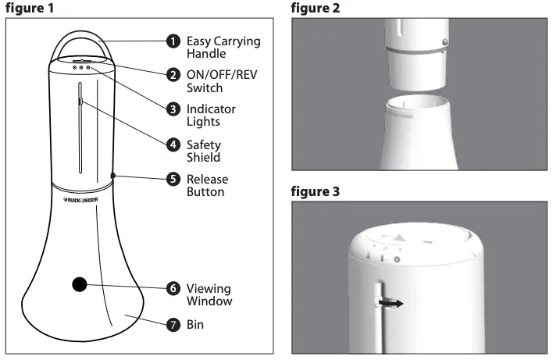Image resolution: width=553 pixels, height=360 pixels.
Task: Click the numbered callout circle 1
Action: point(173,40)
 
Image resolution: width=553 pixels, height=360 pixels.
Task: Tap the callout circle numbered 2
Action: point(173,75)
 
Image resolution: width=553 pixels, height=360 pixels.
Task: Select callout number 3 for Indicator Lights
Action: point(173,109)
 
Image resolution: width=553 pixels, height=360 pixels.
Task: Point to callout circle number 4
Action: point(173,144)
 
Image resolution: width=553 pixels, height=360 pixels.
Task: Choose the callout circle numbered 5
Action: point(173,179)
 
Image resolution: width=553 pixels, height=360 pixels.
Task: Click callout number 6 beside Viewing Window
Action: point(173,287)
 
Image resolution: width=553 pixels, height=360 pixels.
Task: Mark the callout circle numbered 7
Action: point(173,323)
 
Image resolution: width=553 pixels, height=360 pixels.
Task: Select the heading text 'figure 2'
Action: point(317,7)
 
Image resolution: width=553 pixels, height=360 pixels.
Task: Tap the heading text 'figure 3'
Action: point(317,192)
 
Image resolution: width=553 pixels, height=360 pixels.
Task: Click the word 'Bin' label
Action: point(196,323)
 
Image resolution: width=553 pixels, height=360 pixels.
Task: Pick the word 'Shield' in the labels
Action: point(204,158)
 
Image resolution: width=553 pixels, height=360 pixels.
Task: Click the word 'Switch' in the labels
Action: point(205,88)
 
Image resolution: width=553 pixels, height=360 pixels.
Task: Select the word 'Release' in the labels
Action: point(207,179)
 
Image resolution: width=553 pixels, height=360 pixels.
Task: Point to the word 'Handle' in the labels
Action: point(207,54)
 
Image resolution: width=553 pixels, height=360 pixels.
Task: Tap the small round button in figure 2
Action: point(444,41)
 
